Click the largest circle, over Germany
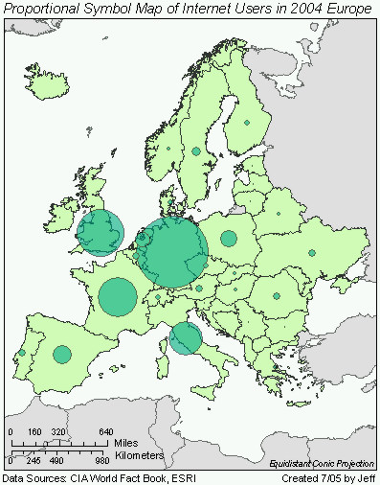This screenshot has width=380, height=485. coord(172,253)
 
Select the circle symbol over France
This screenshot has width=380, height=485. coord(118,296)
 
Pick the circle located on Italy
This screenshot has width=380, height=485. coord(186,337)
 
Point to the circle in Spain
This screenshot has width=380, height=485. coord(62,355)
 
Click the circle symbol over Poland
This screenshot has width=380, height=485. coord(229,239)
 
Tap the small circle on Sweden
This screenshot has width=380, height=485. coord(196,151)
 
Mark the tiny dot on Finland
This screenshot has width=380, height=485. coord(246,123)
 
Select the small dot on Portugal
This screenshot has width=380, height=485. coord(22,353)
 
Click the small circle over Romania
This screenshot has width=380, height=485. coord(276,296)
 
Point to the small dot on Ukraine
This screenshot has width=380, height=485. coord(311,253)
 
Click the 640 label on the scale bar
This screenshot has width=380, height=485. coord(105,432)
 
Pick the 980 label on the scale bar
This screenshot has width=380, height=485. coord(102,461)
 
